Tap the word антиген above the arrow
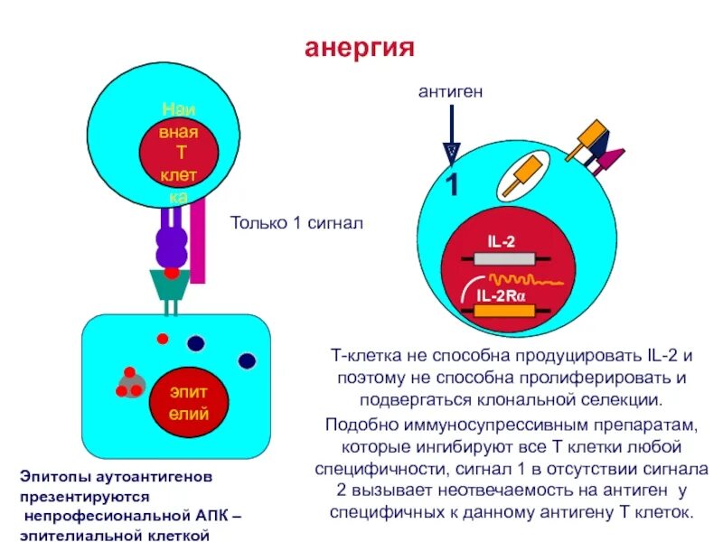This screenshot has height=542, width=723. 451,92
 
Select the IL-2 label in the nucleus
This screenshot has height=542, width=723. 502,242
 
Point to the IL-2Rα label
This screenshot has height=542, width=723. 506,294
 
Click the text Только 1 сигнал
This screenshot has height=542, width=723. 296,223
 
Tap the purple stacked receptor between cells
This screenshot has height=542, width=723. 171,244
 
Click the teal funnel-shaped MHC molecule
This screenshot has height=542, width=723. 171,286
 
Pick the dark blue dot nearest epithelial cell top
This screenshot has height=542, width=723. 195,342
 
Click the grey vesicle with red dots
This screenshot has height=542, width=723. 131,384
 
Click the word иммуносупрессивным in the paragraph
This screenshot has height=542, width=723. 474,424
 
